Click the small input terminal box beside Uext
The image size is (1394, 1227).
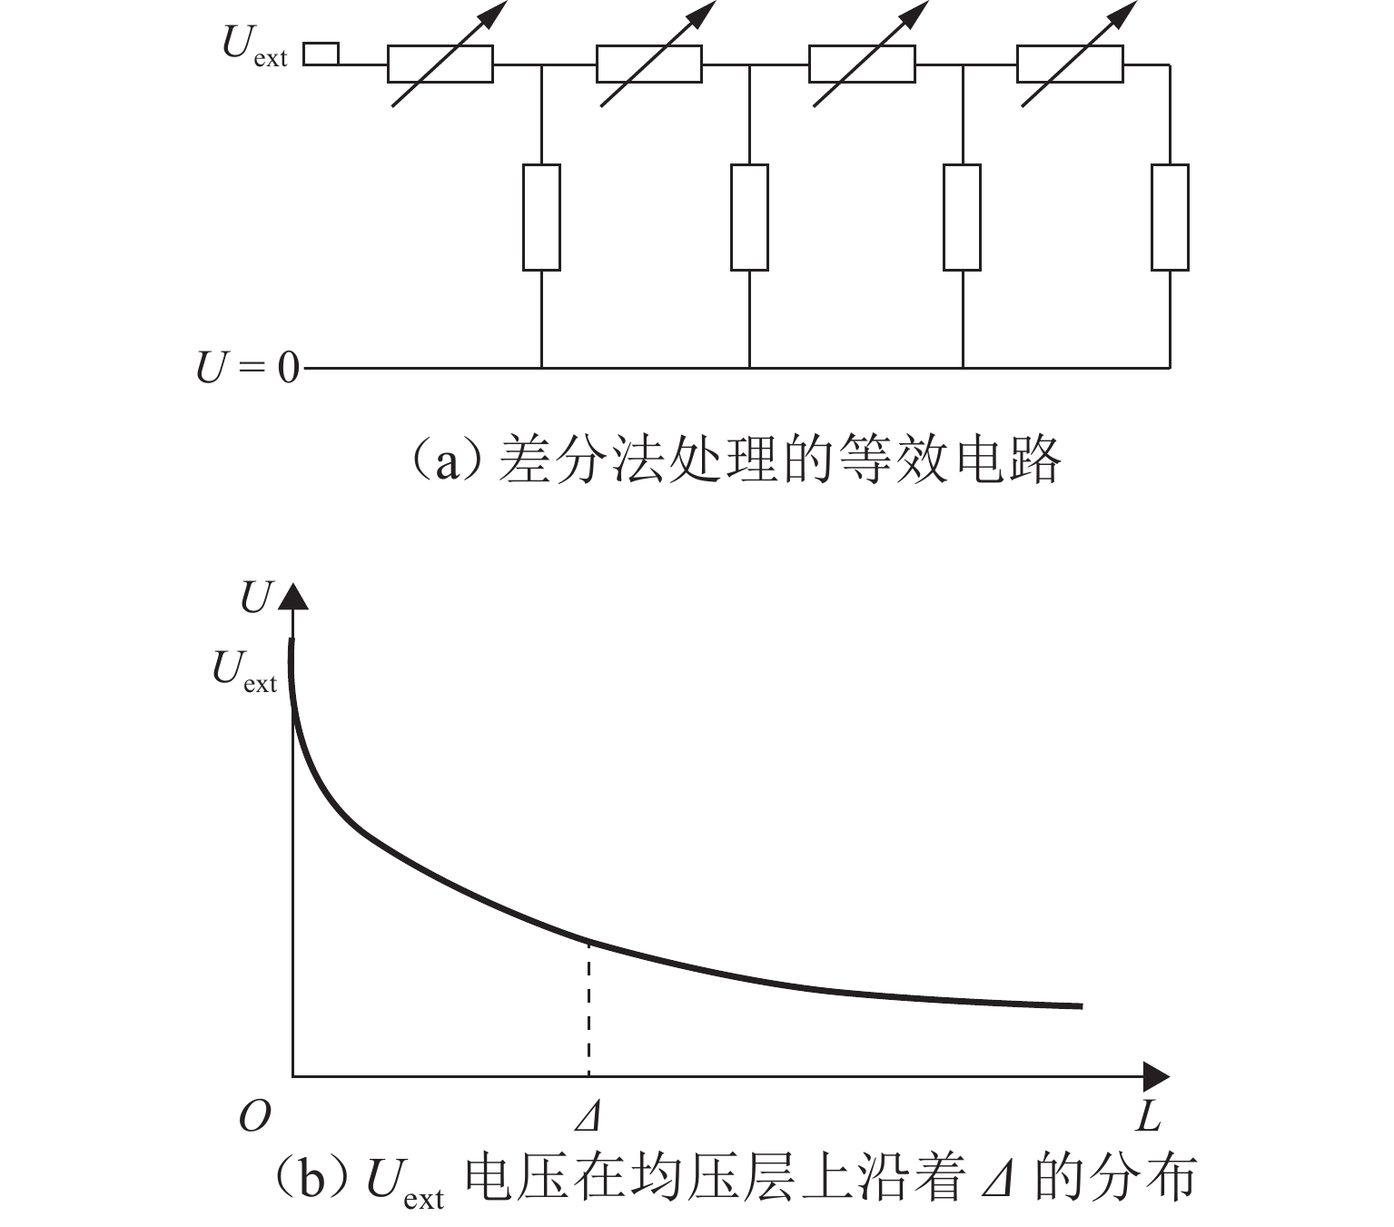(x=321, y=54)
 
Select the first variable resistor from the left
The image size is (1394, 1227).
(x=440, y=64)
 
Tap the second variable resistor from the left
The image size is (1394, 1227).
(x=648, y=64)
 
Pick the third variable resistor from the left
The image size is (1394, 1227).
(x=861, y=64)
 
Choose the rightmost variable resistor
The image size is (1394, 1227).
(x=1070, y=64)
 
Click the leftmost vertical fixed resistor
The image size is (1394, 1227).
(x=541, y=217)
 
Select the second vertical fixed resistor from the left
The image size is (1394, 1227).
(x=749, y=217)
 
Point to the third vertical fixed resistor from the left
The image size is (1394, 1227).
(x=962, y=217)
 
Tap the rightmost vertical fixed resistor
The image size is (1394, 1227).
(x=1170, y=217)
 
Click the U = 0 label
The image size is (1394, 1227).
(x=247, y=369)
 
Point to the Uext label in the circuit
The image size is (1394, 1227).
(x=253, y=45)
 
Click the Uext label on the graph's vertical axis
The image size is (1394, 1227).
(x=243, y=671)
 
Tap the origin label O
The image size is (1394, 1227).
(x=254, y=1116)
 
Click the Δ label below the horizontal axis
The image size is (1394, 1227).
(x=588, y=1116)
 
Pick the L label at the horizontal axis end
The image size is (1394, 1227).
(x=1148, y=1116)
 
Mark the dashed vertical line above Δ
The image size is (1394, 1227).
(x=588, y=1008)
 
